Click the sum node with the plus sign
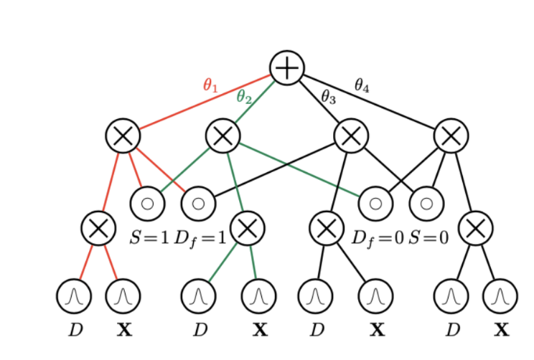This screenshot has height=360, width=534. (287, 68)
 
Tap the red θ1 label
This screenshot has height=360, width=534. (210, 87)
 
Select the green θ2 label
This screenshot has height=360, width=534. (244, 98)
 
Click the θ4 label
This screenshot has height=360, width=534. (362, 85)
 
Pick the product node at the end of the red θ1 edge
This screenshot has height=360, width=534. (123, 136)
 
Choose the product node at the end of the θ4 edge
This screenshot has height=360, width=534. (451, 136)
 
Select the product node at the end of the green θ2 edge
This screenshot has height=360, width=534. (222, 136)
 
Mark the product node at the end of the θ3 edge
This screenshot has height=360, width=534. (351, 136)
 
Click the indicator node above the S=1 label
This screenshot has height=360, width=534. (147, 203)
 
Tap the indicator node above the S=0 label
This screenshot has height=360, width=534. (426, 203)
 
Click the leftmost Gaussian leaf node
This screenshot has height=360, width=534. (74, 295)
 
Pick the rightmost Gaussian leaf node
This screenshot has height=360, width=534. (500, 295)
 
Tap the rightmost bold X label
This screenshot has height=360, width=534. (501, 331)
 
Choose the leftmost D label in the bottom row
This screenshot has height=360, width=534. (75, 331)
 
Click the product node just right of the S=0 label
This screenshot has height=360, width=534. (475, 229)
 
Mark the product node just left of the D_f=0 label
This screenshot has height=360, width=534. (327, 229)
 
